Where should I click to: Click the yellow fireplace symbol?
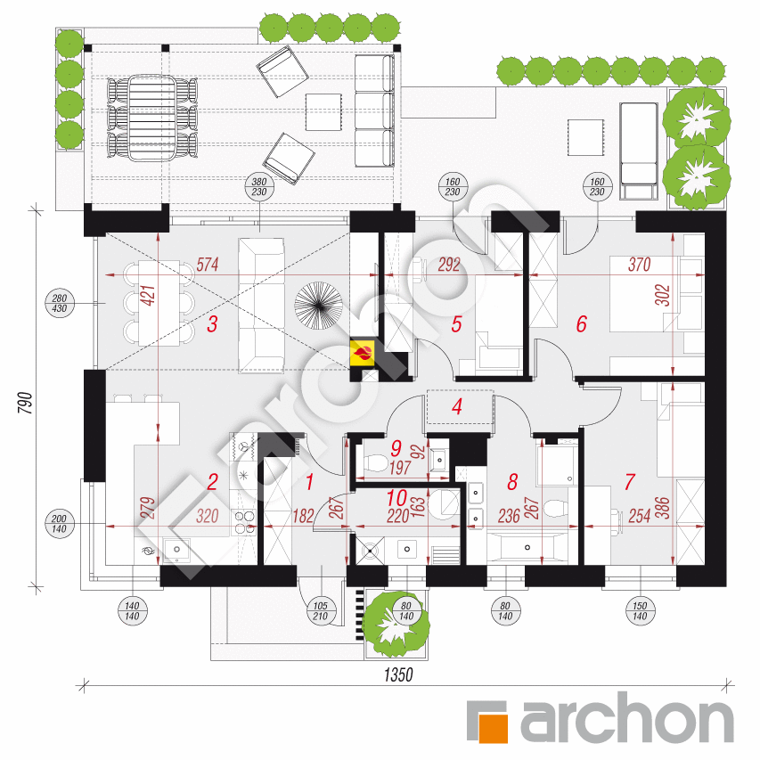click(x=363, y=353)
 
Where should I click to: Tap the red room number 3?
click(x=212, y=324)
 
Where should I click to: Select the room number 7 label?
click(x=629, y=482)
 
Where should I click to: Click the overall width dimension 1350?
click(x=398, y=674)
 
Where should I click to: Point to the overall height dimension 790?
click(x=25, y=403)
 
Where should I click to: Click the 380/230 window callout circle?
click(x=259, y=186)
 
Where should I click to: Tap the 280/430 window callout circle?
click(x=59, y=303)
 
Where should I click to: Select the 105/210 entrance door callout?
click(x=321, y=610)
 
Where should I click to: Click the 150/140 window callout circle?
click(x=640, y=610)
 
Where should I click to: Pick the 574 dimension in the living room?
click(x=208, y=265)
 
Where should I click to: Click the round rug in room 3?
click(x=318, y=306)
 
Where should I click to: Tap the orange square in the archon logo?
click(x=493, y=728)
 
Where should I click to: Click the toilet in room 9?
click(x=375, y=463)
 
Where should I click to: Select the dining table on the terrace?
click(x=151, y=118)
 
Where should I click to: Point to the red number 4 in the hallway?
click(x=456, y=407)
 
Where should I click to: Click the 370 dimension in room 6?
click(x=640, y=265)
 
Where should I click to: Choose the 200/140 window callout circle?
click(x=59, y=524)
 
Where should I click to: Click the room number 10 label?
click(x=396, y=498)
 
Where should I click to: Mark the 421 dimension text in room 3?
click(x=147, y=296)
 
